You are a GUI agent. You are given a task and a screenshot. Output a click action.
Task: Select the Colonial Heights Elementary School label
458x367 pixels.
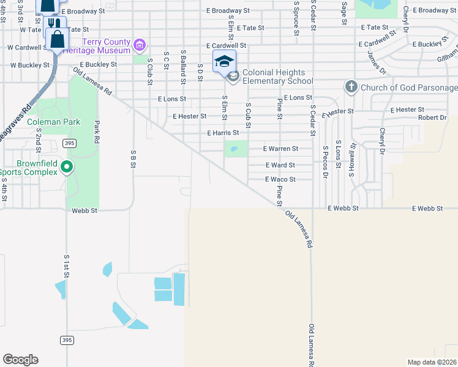pyautogui.click(x=277, y=76)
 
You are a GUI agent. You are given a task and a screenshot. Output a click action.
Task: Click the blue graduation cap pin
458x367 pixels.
pyautogui.click(x=224, y=61)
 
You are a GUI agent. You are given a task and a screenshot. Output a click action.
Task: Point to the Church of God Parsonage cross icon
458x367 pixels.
pyautogui.click(x=351, y=87)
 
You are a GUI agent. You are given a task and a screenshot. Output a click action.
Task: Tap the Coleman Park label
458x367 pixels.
pyautogui.click(x=54, y=122)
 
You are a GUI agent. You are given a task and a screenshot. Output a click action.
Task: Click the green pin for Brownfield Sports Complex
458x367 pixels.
pyautogui.click(x=68, y=166)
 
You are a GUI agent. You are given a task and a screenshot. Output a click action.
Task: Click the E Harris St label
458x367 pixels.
pyautogui.click(x=223, y=132)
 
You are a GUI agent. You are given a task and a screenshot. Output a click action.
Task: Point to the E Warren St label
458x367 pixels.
pyautogui.click(x=280, y=149)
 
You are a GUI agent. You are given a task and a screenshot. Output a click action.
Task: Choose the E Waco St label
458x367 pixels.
pyautogui.click(x=280, y=179)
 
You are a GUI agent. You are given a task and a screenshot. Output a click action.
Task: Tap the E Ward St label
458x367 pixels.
pyautogui.click(x=280, y=165)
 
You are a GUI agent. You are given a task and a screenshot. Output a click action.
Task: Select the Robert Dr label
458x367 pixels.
pyautogui.click(x=432, y=117)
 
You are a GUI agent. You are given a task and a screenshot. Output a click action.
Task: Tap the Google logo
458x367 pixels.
pyautogui.click(x=20, y=360)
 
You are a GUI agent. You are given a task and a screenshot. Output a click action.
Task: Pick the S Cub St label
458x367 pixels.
pyautogui.click(x=249, y=116)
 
